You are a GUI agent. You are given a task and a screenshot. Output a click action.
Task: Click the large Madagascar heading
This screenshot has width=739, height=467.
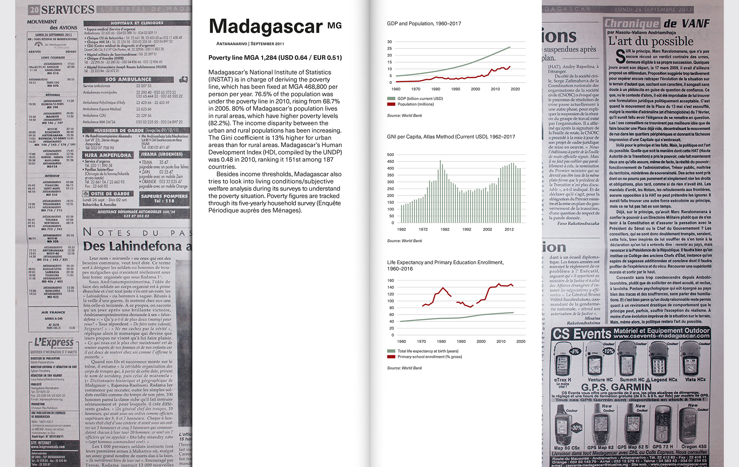click(x=266, y=27)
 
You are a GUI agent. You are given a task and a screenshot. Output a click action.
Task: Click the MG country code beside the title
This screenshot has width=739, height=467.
click(x=334, y=25)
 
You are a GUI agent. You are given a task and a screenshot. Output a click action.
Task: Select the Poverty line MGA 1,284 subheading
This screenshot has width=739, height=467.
click(x=275, y=58)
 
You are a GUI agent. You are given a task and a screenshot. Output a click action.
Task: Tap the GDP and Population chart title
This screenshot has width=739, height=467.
click(x=424, y=24)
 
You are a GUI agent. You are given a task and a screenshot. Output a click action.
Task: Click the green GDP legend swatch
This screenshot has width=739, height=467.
click(x=391, y=98)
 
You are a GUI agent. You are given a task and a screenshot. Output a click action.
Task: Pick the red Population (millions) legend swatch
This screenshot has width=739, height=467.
click(x=391, y=104)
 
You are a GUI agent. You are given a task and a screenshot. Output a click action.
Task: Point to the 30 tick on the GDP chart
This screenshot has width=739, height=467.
click(x=389, y=42)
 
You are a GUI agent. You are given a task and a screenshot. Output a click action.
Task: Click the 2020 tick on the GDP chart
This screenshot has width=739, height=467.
click(x=515, y=89)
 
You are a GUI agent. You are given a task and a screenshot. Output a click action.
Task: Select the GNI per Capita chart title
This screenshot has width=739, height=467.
click(x=451, y=137)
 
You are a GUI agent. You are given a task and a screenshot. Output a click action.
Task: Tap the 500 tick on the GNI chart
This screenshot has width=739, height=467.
click(x=391, y=155)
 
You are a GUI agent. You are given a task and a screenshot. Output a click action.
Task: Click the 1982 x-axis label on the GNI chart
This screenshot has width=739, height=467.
click(x=445, y=229)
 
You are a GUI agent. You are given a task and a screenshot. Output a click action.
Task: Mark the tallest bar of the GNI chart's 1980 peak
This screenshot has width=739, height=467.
click(x=440, y=190)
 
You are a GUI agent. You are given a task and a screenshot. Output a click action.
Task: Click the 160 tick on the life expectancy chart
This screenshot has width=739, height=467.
click(x=391, y=280)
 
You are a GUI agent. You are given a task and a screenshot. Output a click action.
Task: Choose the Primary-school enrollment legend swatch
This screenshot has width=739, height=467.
click(x=391, y=357)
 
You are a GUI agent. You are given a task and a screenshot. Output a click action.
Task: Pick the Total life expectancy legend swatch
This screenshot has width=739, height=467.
click(x=391, y=351)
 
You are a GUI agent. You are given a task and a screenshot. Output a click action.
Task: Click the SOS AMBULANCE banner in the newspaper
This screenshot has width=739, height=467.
click(x=128, y=79)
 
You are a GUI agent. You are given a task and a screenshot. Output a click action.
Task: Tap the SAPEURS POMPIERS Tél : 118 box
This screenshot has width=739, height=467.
click(x=164, y=198)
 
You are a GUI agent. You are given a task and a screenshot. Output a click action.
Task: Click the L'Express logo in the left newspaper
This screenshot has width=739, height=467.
click(x=54, y=342)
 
